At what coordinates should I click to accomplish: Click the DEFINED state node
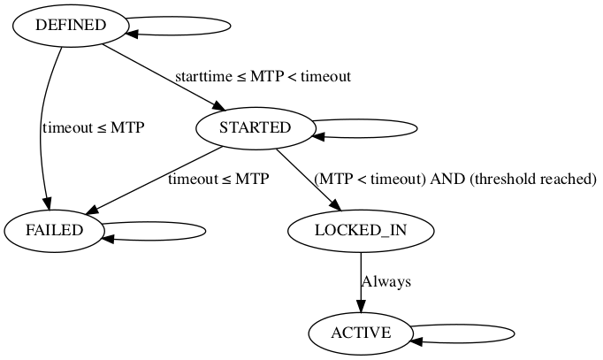70,25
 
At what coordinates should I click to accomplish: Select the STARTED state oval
255,127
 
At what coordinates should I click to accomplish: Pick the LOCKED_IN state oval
361,231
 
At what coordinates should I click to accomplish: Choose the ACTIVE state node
361,333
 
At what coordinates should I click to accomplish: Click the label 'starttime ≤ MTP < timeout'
262,76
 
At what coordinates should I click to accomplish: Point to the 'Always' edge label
386,282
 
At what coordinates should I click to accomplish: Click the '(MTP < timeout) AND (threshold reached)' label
455,179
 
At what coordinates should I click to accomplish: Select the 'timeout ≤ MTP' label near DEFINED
93,127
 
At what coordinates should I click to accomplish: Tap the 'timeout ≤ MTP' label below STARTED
218,179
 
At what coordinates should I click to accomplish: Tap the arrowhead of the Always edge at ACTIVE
361,309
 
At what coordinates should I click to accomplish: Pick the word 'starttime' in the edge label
200,76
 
